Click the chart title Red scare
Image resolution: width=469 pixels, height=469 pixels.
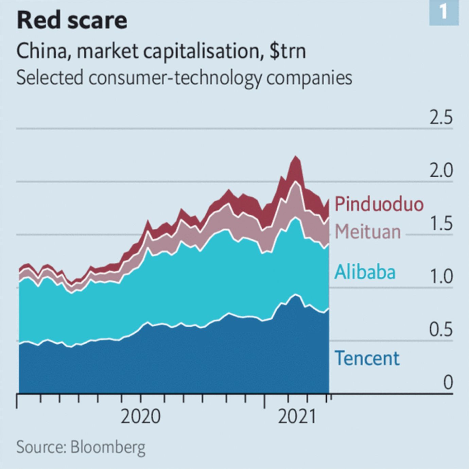point(72,20)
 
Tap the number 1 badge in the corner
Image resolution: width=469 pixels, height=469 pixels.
point(444,13)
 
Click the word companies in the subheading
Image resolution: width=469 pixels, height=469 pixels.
point(309,78)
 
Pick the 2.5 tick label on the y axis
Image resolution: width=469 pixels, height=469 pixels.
point(441,117)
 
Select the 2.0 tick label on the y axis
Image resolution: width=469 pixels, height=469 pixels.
point(441,171)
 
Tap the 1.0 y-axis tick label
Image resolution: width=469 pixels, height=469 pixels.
point(441,277)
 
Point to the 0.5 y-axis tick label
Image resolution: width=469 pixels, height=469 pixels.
point(441,330)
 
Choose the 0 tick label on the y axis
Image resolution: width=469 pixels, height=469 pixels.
point(448,383)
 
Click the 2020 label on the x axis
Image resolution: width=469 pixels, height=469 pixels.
point(140,417)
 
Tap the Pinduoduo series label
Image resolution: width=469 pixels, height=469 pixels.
point(379,204)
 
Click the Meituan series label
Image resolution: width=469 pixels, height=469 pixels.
point(368,232)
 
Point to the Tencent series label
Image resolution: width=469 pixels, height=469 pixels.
point(367,358)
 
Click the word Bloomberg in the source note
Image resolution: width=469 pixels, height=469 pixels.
point(108,447)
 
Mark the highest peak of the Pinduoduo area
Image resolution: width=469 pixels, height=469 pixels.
point(295,157)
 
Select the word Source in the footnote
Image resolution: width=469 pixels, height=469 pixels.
point(40,447)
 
